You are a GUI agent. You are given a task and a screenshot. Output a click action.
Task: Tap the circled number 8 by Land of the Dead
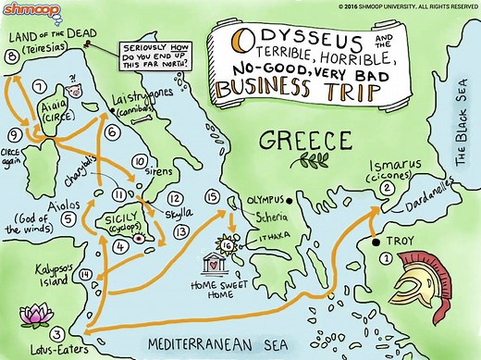pos(11,56)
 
